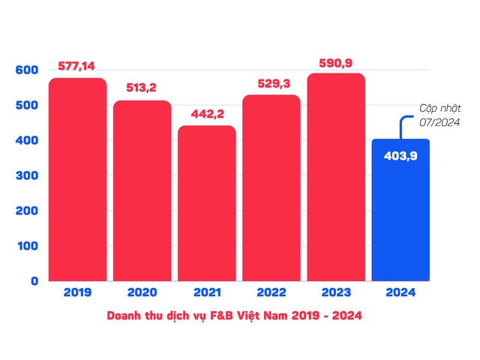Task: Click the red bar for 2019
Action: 78,180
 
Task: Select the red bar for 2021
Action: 207,203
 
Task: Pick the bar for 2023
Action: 336,177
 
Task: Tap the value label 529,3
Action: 271,83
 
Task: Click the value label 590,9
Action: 336,61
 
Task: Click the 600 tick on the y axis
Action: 27,70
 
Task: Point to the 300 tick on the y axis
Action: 27,176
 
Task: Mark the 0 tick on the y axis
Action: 34,281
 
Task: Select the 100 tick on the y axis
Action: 27,246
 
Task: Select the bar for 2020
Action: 142,190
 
